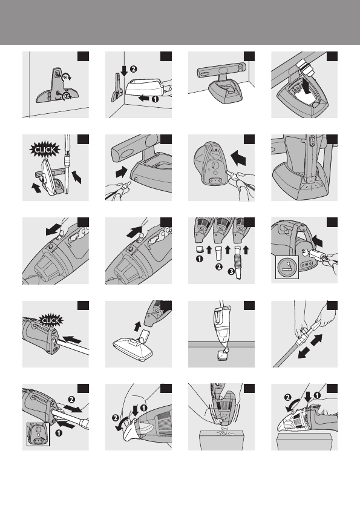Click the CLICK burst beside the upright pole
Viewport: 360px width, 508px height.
pyautogui.click(x=45, y=150)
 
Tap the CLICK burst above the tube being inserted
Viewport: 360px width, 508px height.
pyautogui.click(x=51, y=321)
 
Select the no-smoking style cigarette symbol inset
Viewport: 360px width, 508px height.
pyautogui.click(x=287, y=267)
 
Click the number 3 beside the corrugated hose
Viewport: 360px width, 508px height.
pyautogui.click(x=231, y=271)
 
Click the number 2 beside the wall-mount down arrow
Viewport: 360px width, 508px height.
pyautogui.click(x=133, y=68)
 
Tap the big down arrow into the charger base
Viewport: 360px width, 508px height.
pyautogui.click(x=306, y=84)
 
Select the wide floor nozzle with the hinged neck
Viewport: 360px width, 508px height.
pyautogui.click(x=131, y=348)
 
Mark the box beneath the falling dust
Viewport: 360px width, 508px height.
pyautogui.click(x=221, y=440)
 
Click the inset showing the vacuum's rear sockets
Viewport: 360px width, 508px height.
pyautogui.click(x=38, y=434)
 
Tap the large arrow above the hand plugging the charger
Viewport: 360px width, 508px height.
pyautogui.click(x=239, y=157)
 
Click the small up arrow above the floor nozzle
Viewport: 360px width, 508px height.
pyautogui.click(x=138, y=326)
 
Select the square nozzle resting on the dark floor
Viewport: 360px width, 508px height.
pyautogui.click(x=223, y=355)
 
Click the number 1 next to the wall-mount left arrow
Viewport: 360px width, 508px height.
pyautogui.click(x=155, y=99)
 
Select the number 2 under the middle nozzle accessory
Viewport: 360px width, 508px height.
pyautogui.click(x=219, y=267)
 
